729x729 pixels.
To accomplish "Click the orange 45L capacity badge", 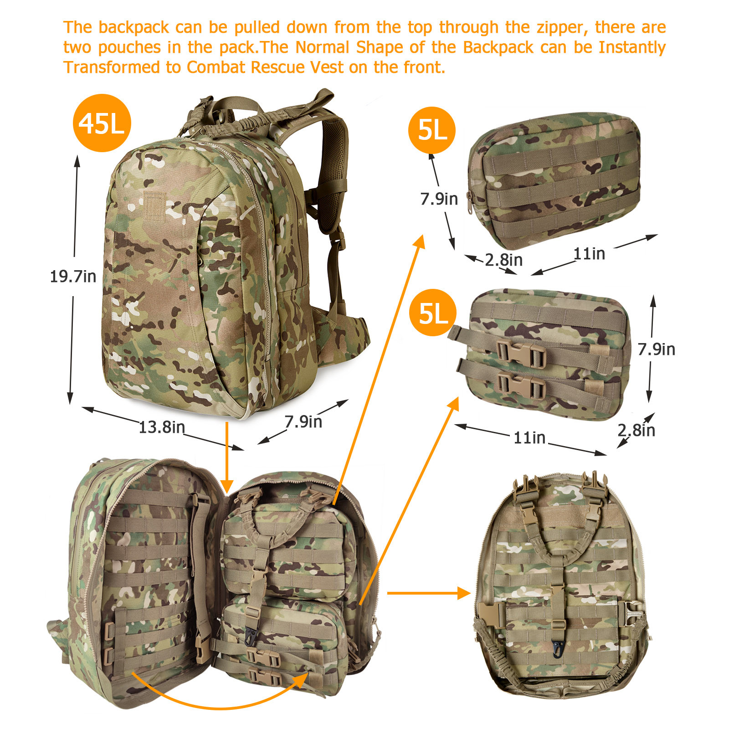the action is (x=102, y=123).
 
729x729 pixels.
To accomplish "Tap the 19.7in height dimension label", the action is (x=73, y=276).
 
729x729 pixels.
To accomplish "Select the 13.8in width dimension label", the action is (x=162, y=427).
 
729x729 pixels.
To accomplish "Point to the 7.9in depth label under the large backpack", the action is (x=303, y=421).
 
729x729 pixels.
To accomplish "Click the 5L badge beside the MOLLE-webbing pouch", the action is (x=432, y=130).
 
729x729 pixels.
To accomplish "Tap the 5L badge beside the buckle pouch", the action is (x=432, y=313).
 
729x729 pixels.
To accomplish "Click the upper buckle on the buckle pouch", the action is (x=521, y=354).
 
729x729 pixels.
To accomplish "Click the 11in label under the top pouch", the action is (x=589, y=253).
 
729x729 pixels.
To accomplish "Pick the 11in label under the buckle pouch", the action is (x=529, y=437).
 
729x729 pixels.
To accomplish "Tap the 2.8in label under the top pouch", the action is (x=503, y=260).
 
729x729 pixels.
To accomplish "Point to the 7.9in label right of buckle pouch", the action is (x=656, y=349).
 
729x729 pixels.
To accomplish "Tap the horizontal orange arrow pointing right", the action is (x=429, y=593).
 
